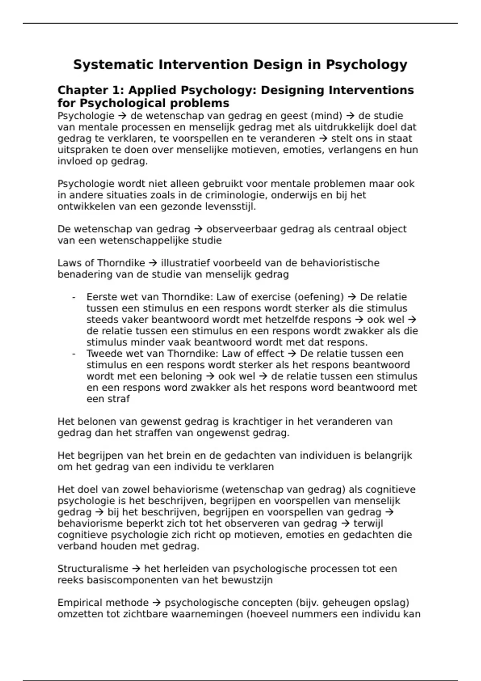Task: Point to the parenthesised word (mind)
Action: click(x=326, y=116)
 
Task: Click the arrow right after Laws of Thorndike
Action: click(x=153, y=263)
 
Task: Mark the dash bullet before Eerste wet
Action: click(x=74, y=297)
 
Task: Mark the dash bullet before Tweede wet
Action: click(x=74, y=354)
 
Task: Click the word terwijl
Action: click(x=368, y=524)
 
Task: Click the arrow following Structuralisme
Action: click(x=136, y=569)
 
